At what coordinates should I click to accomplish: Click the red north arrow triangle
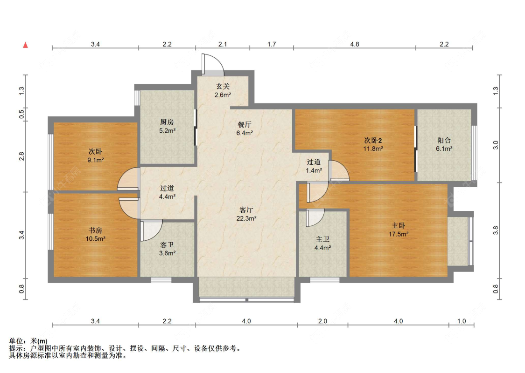[x=26, y=45]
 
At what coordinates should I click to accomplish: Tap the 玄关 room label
[x=223, y=91]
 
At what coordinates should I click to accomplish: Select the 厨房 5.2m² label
[x=167, y=126]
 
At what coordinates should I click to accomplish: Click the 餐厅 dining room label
[x=245, y=129]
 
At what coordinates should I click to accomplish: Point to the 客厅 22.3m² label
[x=246, y=214]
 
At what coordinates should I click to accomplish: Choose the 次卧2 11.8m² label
[x=373, y=144]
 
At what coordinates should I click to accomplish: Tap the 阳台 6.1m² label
[x=444, y=144]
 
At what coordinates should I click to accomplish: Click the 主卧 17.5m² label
[x=399, y=230]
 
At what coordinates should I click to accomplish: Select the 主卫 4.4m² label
[x=323, y=244]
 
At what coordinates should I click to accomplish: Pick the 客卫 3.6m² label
[x=167, y=249]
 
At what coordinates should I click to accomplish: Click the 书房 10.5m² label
[x=95, y=234]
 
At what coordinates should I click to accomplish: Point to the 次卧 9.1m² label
[x=95, y=156]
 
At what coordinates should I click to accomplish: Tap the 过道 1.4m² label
[x=314, y=166]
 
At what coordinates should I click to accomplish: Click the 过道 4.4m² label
[x=167, y=192]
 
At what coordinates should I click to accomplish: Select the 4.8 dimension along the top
[x=355, y=44]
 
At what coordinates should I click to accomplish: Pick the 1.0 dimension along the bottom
[x=462, y=321]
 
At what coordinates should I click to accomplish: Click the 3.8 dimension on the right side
[x=496, y=231]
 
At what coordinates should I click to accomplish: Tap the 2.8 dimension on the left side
[x=22, y=156]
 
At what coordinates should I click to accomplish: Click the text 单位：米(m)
[x=28, y=341]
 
